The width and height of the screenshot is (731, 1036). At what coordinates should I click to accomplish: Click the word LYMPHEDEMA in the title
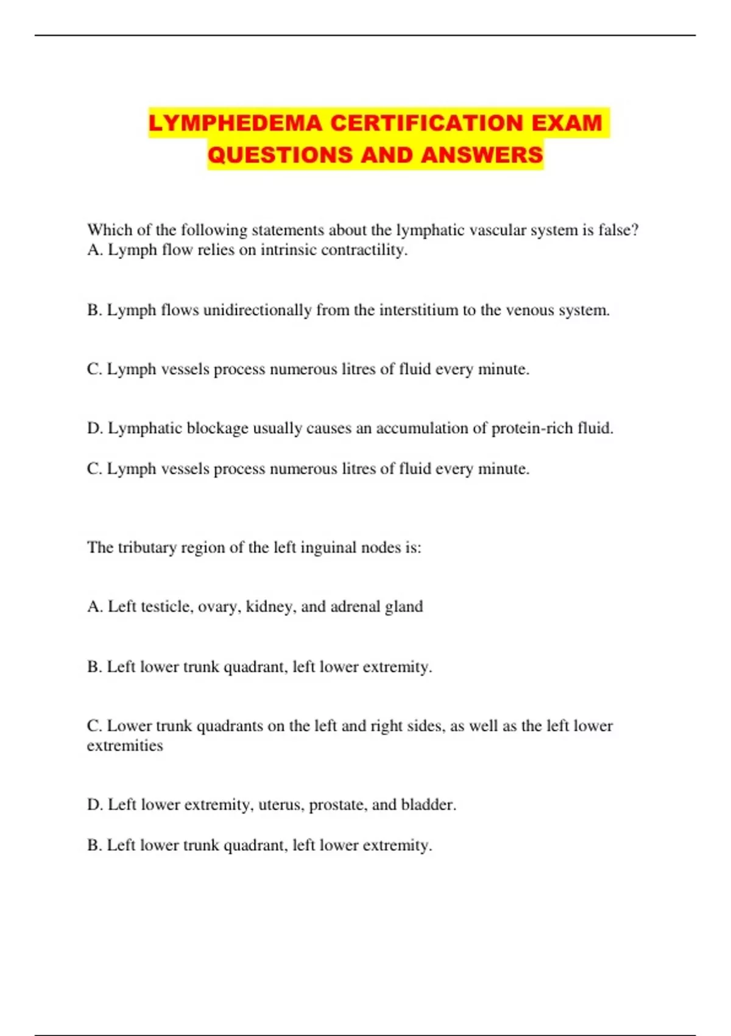tap(235, 123)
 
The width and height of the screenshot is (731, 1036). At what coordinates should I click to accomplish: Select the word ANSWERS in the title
tap(482, 155)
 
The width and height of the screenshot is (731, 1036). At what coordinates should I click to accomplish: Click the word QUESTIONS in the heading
tap(280, 155)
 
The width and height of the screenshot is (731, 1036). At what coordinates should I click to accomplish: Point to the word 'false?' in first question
tap(618, 230)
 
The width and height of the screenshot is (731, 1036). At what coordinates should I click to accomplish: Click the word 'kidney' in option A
tap(269, 607)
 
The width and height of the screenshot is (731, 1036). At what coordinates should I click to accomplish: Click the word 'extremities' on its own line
tap(125, 746)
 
